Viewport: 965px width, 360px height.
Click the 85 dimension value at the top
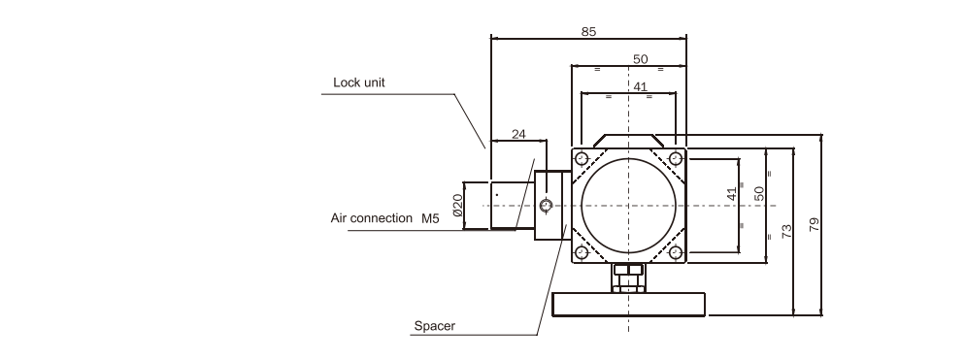coord(588,31)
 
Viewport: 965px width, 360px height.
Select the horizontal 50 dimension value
coord(640,59)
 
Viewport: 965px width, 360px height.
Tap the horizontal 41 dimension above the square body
coord(640,86)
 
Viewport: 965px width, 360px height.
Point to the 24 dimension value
coord(518,134)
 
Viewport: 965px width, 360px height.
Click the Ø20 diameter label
coord(457,205)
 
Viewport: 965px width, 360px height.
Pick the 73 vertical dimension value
coord(786,232)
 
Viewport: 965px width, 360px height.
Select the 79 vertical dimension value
coord(815,224)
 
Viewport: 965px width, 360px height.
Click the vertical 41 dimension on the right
coord(731,194)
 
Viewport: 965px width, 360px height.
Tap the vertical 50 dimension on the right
coord(759,193)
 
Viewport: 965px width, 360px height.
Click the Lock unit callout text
coord(359,82)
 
